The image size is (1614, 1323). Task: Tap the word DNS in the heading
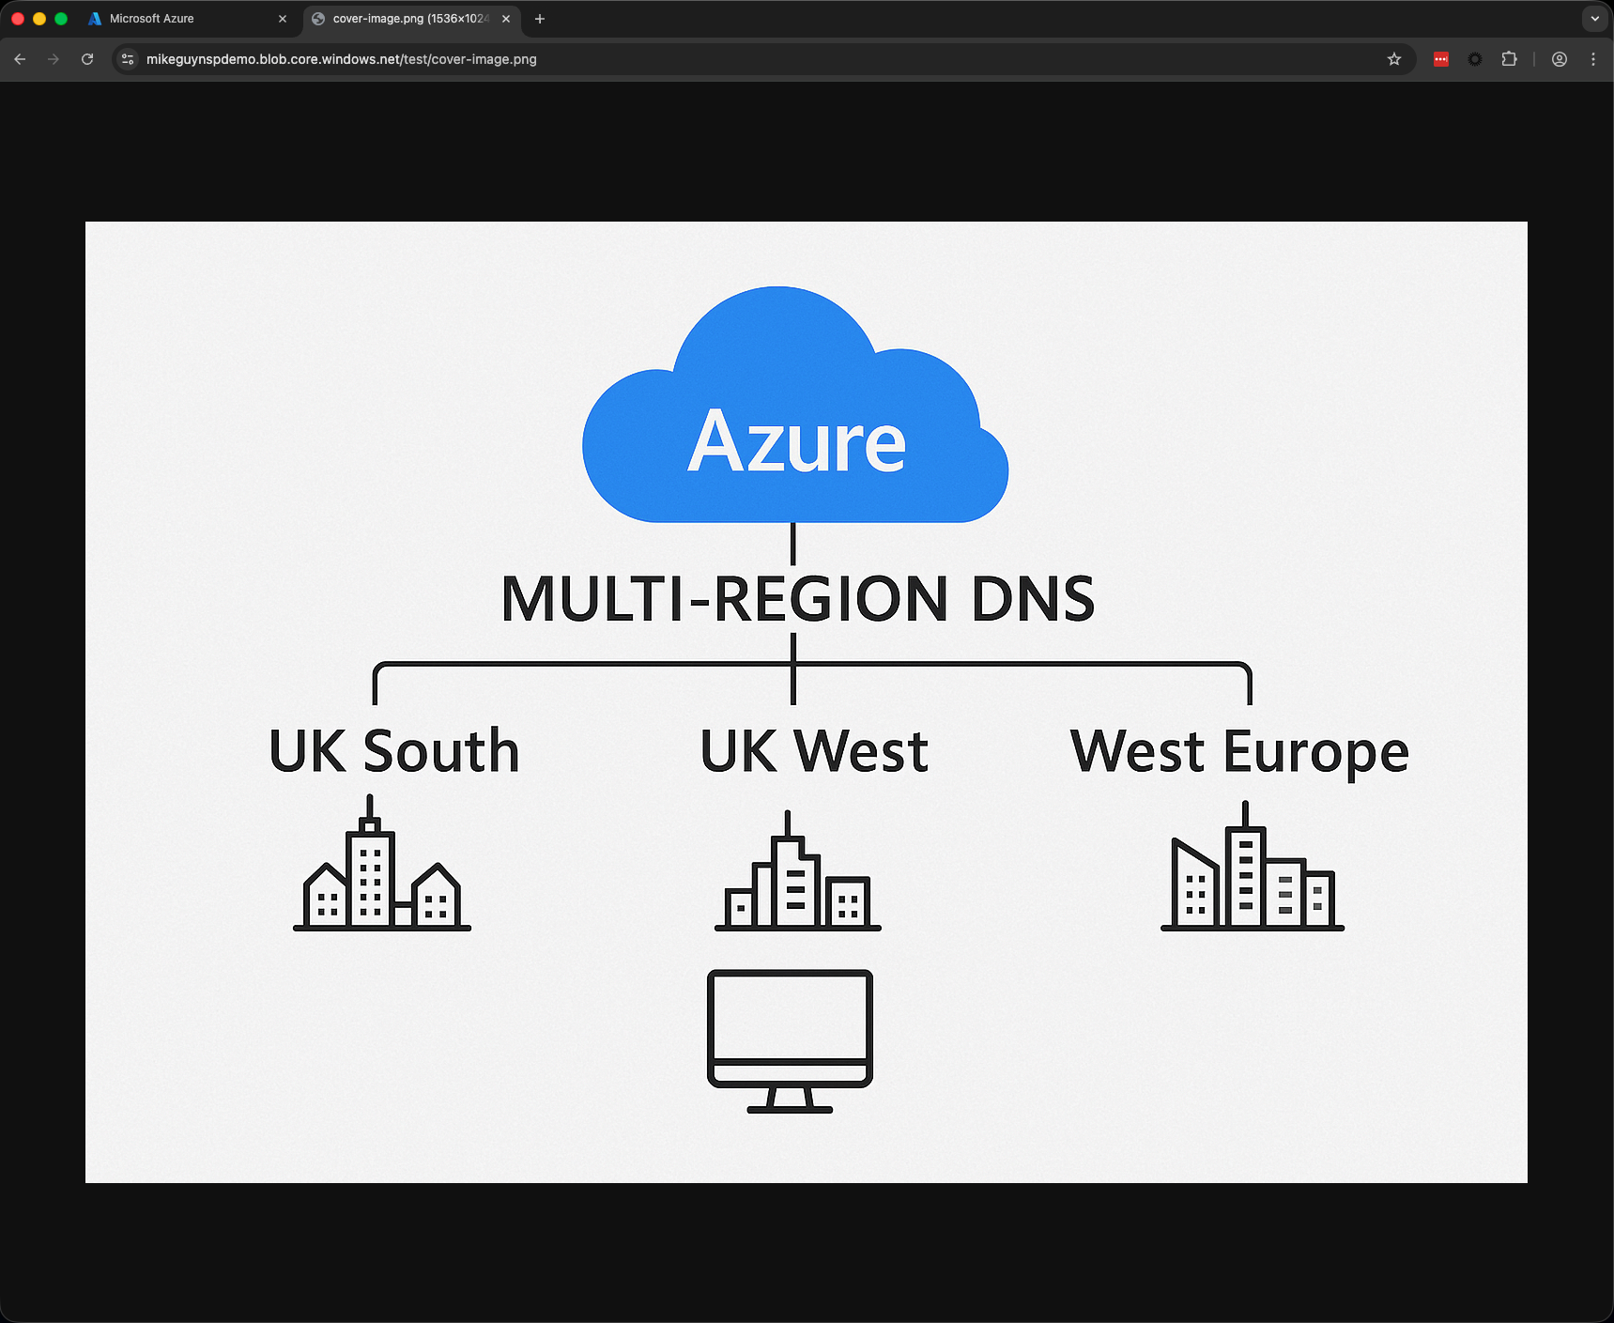(x=1033, y=599)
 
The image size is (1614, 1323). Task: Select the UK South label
(x=394, y=751)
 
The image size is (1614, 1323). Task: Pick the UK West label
(x=814, y=751)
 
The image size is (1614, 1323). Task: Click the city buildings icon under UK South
(x=382, y=863)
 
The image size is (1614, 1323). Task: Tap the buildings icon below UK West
(x=798, y=870)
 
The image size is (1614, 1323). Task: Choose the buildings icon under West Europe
(x=1253, y=866)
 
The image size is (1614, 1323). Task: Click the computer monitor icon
(x=790, y=1040)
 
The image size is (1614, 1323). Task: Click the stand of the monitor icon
(x=790, y=1100)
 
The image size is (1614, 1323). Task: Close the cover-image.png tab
(x=506, y=19)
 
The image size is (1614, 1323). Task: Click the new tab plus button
(x=540, y=19)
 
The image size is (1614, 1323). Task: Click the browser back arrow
(x=20, y=59)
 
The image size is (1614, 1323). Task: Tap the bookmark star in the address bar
(x=1394, y=59)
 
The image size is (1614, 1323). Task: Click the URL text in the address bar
(x=342, y=59)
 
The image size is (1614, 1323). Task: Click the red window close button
(x=17, y=19)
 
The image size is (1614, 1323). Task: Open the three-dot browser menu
(x=1593, y=59)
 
